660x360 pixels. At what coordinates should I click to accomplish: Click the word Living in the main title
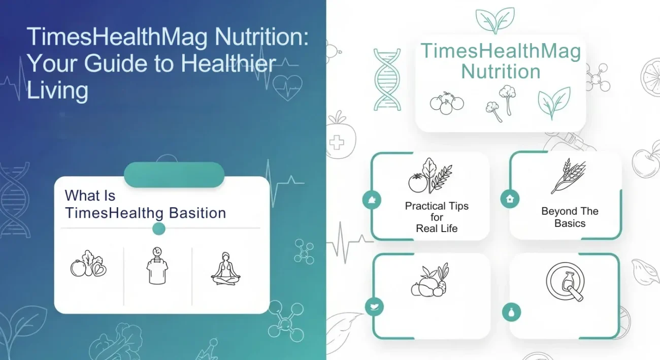(57, 91)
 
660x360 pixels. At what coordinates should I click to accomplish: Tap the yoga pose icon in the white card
(225, 269)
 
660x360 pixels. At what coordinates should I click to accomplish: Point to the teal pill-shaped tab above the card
(174, 175)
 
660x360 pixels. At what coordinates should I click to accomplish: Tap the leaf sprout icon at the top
(494, 20)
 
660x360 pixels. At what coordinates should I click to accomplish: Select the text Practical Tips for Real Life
(437, 217)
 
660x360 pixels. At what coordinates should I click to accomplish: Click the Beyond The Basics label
(570, 217)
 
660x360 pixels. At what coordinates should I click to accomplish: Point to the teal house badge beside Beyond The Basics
(510, 199)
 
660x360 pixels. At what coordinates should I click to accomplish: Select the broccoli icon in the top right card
(500, 103)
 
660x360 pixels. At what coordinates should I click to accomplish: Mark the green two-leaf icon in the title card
(554, 103)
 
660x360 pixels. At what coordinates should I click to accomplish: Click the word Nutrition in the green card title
(501, 72)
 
